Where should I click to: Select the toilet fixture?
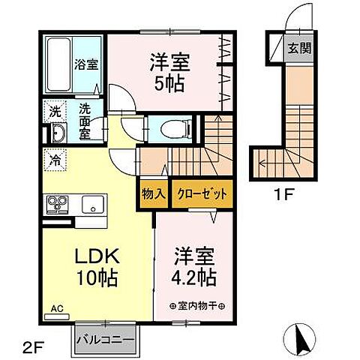coord(168,127)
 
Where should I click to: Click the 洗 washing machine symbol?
coord(55,111)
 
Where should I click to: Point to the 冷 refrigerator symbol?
coord(55,159)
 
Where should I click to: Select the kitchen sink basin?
coord(92,203)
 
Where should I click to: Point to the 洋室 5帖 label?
coord(169,69)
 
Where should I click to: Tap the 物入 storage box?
coord(153,193)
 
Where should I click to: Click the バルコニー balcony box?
coord(106,339)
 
